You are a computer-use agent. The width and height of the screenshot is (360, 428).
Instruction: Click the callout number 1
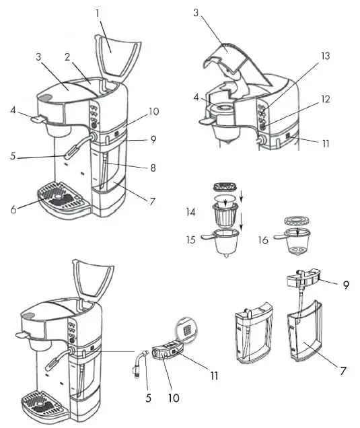(98, 13)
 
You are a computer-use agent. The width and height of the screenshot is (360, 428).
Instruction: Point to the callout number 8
(154, 168)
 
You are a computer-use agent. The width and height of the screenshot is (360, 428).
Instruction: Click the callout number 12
(325, 100)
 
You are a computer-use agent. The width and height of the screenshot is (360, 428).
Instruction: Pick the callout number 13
(326, 57)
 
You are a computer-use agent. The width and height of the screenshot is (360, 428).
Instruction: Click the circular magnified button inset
(186, 329)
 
